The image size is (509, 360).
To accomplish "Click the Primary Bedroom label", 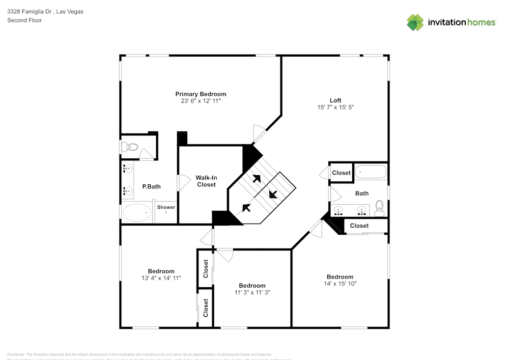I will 201,94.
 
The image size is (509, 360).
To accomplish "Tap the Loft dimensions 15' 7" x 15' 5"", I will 335,107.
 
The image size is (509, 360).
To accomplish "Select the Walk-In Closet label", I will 206,181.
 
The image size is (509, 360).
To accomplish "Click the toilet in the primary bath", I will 130,147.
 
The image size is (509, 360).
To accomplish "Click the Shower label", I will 166,207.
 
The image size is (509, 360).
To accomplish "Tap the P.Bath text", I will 151,186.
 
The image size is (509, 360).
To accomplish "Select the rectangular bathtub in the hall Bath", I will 371,172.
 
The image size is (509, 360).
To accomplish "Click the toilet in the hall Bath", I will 379,206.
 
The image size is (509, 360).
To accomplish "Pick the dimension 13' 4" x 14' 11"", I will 161,278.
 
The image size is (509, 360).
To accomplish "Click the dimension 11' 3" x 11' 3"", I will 252,292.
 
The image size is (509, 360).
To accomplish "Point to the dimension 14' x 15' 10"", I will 340,284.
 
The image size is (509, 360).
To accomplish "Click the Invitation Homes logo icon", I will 415,22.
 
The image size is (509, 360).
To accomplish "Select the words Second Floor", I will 24,20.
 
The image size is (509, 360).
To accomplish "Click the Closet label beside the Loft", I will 341,173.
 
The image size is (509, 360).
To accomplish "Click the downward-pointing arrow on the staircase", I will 273,193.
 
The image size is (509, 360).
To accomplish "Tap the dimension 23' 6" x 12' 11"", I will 201,101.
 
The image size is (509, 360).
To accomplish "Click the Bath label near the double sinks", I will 362,193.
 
